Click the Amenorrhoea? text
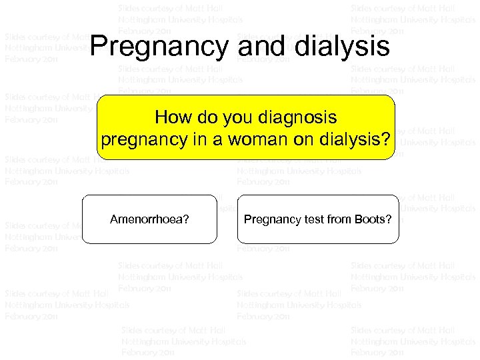[149, 219]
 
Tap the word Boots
[369, 219]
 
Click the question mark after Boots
[389, 219]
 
